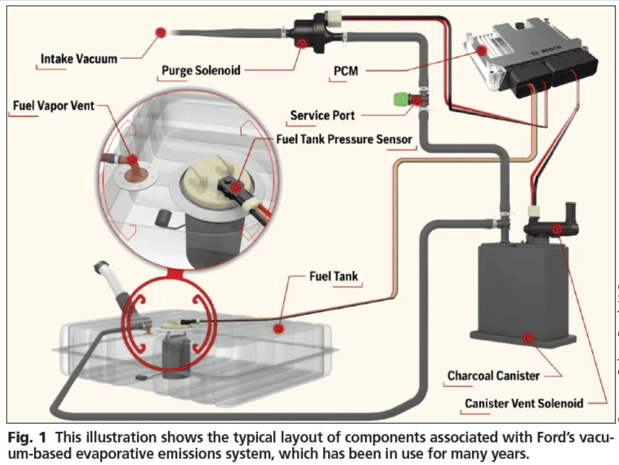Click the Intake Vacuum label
[x=79, y=58]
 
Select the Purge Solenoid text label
[x=201, y=70]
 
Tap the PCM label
[x=345, y=71]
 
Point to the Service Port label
[x=322, y=115]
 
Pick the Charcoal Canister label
[x=494, y=375]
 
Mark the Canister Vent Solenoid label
[x=524, y=403]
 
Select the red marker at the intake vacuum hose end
[x=160, y=32]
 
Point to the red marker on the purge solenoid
[x=302, y=43]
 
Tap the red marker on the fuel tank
[x=279, y=329]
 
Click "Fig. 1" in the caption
[x=24, y=438]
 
